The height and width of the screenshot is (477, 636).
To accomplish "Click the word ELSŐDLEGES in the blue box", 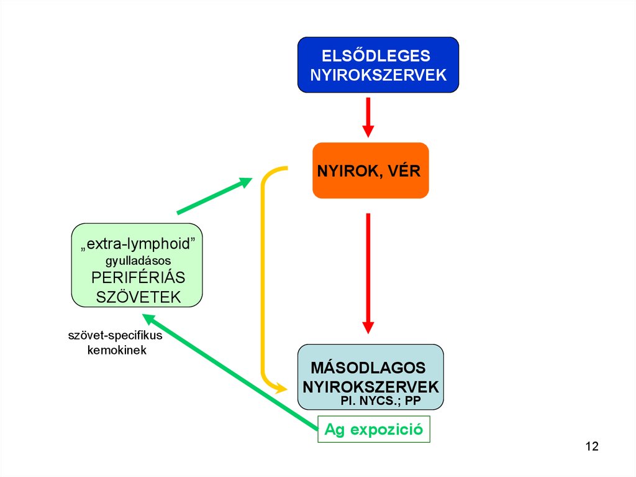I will pyautogui.click(x=376, y=55).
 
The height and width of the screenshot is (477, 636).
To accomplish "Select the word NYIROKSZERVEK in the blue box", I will pyautogui.click(x=378, y=75).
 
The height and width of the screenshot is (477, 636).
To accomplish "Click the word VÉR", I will pyautogui.click(x=404, y=170).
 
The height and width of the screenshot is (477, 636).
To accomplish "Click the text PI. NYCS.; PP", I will pyautogui.click(x=381, y=401).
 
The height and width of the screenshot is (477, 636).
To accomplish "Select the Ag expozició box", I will pyautogui.click(x=374, y=429).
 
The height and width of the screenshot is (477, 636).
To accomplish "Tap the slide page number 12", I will pyautogui.click(x=591, y=447).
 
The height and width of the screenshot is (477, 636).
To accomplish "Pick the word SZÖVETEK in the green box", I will pyautogui.click(x=138, y=297).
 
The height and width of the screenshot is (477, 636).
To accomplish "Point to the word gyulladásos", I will pyautogui.click(x=138, y=260).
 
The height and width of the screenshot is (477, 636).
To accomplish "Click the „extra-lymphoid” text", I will pyautogui.click(x=138, y=243).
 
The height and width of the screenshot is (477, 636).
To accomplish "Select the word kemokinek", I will pyautogui.click(x=116, y=350).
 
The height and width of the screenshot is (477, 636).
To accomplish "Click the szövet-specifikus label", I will pyautogui.click(x=115, y=336).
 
